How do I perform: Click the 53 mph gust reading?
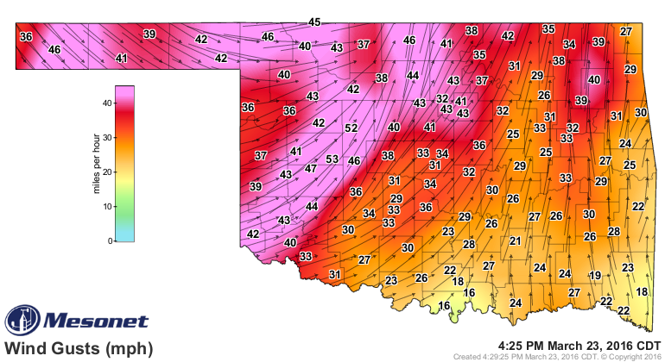pyautogui.click(x=332, y=159)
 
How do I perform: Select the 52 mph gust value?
pyautogui.click(x=351, y=128)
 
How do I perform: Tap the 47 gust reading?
pyautogui.click(x=311, y=169)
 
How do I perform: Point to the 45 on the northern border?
pyautogui.click(x=314, y=22)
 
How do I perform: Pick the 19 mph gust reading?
pyautogui.click(x=594, y=275)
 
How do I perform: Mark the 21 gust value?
pyautogui.click(x=515, y=241)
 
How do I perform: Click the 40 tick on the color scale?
pyautogui.click(x=108, y=103)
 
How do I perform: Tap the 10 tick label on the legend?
pyautogui.click(x=108, y=207)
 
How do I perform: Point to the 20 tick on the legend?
pyautogui.click(x=108, y=172)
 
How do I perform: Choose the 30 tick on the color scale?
pyautogui.click(x=108, y=137)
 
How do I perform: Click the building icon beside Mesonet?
pyautogui.click(x=21, y=321)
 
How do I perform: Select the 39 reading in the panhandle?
pyautogui.click(x=149, y=34)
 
